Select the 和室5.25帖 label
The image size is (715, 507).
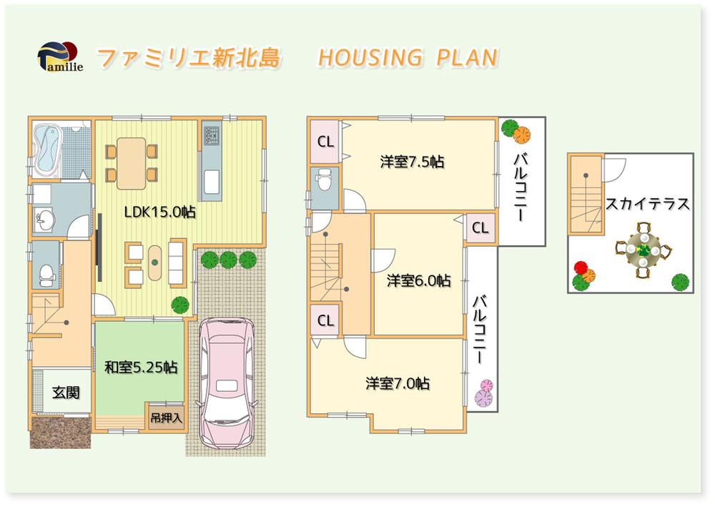(x=141, y=367)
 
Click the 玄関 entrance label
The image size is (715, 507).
(x=66, y=392)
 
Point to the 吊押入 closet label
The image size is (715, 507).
(x=166, y=417)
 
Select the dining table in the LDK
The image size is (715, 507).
(x=132, y=162)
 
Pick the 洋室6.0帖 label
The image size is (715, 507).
(x=419, y=280)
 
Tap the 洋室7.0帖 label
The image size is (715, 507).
(x=398, y=383)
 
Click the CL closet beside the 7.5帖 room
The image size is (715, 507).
(x=325, y=142)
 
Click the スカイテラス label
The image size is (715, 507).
(x=648, y=204)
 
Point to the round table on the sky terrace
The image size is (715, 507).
(x=644, y=250)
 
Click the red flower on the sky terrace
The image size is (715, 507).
(x=579, y=267)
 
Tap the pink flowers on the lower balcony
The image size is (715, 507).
(x=485, y=392)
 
